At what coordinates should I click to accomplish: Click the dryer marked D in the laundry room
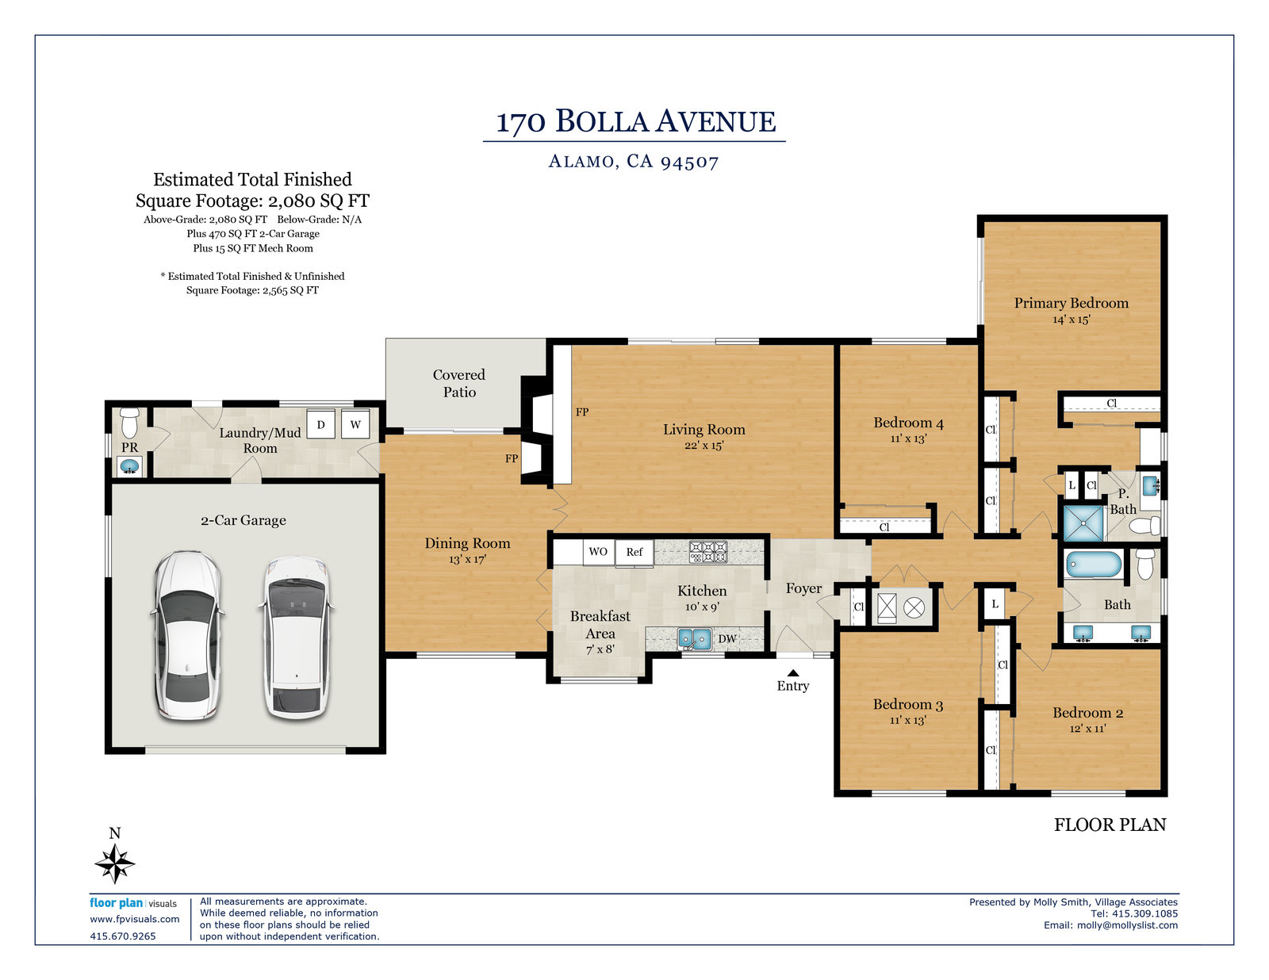click(320, 424)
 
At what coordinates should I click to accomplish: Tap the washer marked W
click(355, 424)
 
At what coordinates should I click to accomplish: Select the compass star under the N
click(115, 863)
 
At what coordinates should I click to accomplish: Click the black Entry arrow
click(793, 673)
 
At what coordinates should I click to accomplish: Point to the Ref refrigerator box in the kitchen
click(634, 552)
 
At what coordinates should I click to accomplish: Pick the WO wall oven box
click(598, 552)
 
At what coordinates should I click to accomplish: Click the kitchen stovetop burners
click(708, 552)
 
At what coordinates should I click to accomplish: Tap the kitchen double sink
click(694, 639)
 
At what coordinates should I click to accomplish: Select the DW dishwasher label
click(727, 638)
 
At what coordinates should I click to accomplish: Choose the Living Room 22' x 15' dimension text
click(704, 446)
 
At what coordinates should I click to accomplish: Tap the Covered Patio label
click(459, 383)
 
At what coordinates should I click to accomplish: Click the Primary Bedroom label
click(1071, 303)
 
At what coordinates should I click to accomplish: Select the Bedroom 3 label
click(908, 705)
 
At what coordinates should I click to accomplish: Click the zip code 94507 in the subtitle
click(689, 162)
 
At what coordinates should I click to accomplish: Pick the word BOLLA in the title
click(601, 121)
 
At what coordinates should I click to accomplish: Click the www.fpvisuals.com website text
click(134, 919)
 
